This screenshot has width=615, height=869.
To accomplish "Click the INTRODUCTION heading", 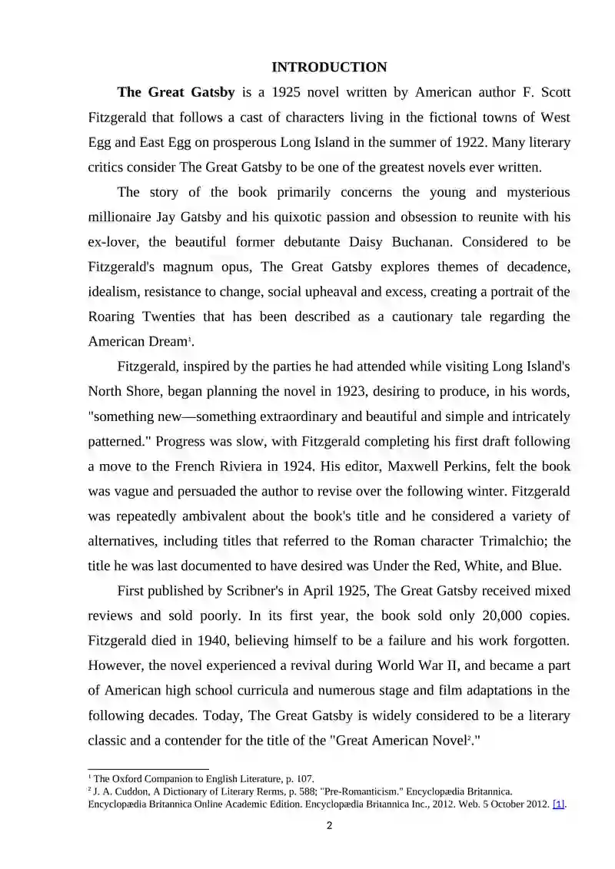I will coord(329,68).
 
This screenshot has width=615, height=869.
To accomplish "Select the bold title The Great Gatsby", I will coord(176,92).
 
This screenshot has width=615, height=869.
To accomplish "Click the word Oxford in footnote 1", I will coord(128,779).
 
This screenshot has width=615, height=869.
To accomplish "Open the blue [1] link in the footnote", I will coord(559,804).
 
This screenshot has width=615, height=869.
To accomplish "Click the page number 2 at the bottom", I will coord(329,827).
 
